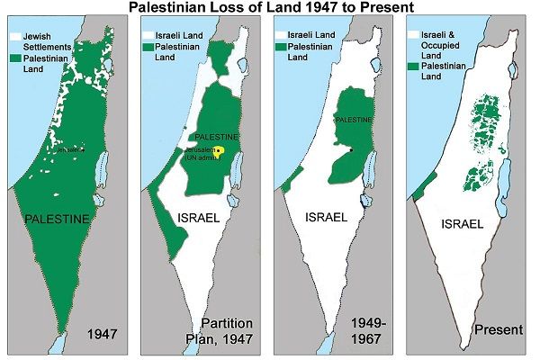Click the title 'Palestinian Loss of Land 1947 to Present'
[x=270, y=8]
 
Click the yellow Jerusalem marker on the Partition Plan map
[x=217, y=150]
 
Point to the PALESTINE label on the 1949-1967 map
[x=352, y=118]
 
